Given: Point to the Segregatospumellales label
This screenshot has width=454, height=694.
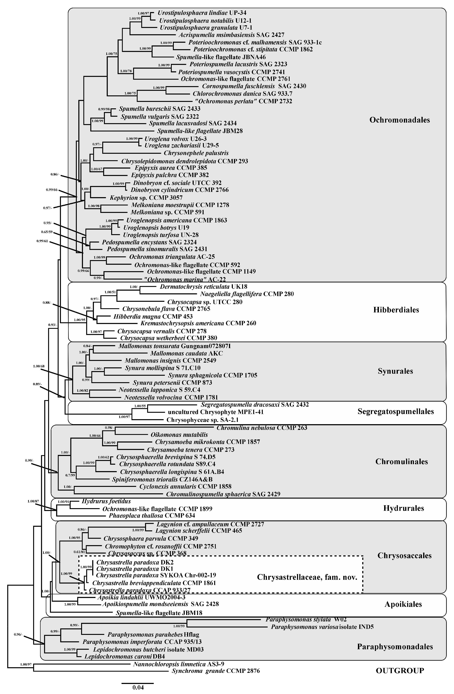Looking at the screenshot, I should [395, 411].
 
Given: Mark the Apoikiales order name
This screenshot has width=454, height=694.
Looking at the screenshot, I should [403, 604].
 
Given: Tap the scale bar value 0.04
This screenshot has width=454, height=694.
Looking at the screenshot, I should [138, 687].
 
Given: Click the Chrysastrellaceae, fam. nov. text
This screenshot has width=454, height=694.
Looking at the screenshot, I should [307, 577].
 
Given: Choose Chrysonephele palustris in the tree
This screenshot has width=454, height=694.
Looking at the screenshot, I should [196, 153].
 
